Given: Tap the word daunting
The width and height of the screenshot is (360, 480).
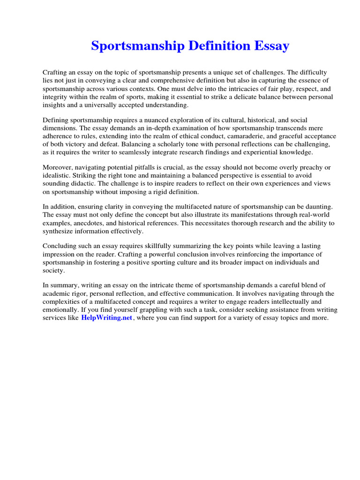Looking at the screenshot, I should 318,207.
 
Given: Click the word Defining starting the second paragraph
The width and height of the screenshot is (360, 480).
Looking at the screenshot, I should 56,121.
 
